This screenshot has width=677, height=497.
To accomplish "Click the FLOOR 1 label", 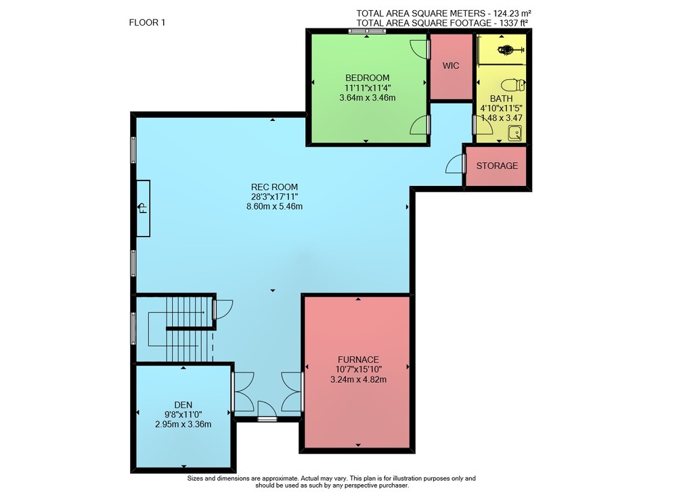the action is [147, 22].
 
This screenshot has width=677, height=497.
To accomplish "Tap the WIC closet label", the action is [451, 66].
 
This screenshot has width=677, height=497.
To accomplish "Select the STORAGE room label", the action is [497, 166].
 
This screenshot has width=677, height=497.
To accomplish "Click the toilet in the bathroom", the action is [513, 85].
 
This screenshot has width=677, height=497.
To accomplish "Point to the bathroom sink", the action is [515, 133].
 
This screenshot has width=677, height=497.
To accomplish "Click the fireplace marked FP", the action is [144, 208].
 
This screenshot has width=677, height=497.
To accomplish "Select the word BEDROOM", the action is [368, 78].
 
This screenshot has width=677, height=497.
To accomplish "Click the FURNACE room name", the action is [358, 359].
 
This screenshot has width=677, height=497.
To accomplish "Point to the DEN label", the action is [183, 404].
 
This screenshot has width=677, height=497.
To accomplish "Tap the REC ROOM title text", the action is [275, 187].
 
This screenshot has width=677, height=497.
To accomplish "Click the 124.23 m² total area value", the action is [512, 14].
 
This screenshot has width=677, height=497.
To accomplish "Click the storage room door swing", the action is [455, 164].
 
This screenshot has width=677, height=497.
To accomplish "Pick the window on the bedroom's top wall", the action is [366, 31].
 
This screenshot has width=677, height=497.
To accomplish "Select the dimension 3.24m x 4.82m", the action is [358, 379].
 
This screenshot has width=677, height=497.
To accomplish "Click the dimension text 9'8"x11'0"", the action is [183, 414].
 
